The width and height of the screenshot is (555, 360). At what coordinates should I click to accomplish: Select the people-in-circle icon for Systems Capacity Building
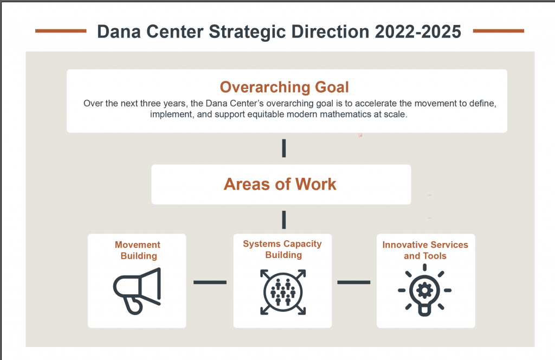tap(283, 292)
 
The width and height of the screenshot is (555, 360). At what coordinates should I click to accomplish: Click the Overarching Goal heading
tap(284, 87)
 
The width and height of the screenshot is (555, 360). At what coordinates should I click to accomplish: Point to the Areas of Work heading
tap(280, 184)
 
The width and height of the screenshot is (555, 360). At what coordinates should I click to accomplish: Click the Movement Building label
tap(138, 250)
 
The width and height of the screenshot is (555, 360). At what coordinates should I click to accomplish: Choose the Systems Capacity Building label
tap(282, 249)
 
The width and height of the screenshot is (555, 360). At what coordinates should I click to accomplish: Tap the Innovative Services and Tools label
tap(425, 250)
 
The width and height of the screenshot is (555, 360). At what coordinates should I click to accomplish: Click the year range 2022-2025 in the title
tap(418, 32)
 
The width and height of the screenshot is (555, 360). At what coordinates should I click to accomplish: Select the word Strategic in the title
tap(247, 32)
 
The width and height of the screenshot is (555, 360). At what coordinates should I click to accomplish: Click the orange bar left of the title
tap(61, 31)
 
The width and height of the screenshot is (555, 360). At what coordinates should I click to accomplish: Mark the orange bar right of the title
tap(499, 31)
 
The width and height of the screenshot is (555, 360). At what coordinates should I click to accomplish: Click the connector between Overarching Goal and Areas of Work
tap(284, 149)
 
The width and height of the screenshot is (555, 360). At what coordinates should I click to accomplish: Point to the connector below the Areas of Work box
tap(284, 220)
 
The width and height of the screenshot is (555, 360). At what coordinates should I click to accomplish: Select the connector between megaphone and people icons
tap(210, 282)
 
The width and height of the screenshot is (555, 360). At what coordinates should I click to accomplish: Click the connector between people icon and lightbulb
tap(353, 282)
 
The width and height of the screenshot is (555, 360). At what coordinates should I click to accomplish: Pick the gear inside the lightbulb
tap(424, 291)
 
